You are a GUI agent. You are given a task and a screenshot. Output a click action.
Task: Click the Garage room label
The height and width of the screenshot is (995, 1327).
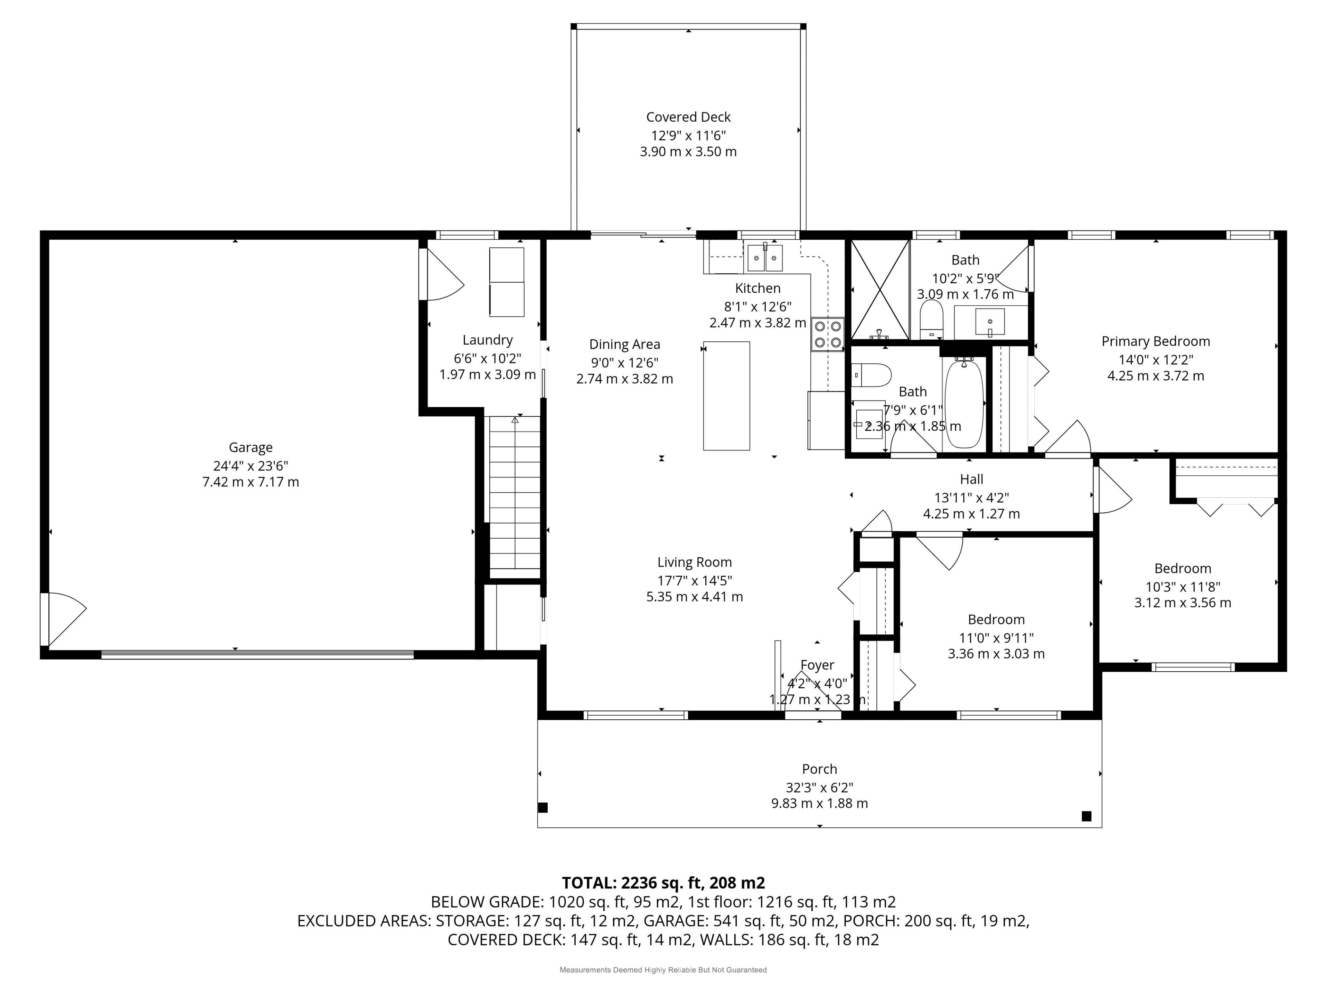click(251, 447)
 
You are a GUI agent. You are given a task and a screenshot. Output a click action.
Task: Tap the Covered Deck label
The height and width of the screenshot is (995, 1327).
click(688, 117)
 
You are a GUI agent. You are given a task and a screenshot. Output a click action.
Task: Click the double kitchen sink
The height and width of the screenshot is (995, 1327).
click(764, 258)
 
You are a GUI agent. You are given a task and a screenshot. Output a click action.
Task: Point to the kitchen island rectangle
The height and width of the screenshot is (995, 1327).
click(726, 396)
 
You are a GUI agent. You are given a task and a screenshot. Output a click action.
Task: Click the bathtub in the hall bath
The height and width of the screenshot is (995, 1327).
click(964, 403)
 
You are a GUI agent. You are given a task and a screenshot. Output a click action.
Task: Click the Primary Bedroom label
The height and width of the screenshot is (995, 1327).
click(1156, 341)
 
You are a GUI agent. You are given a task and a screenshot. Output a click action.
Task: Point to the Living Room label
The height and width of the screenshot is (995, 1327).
click(695, 562)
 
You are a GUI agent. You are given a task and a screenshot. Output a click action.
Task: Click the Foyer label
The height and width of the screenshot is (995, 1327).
click(817, 665)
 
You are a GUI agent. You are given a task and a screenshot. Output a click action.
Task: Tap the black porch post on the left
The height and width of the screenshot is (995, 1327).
click(543, 808)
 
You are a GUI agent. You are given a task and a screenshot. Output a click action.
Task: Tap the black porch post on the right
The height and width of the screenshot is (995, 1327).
click(1086, 816)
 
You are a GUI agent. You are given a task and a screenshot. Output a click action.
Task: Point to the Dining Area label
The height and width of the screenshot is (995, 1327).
click(624, 344)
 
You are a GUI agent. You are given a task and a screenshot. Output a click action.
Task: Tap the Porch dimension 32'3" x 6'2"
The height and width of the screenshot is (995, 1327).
click(819, 787)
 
